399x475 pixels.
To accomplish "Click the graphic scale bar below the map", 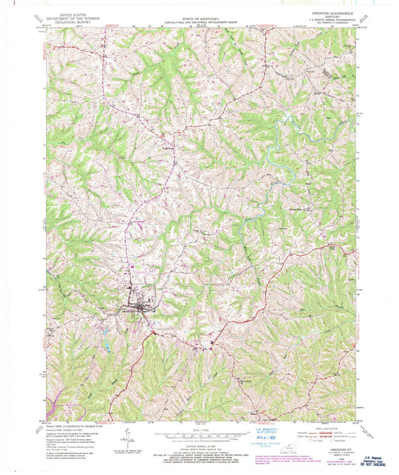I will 198,434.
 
